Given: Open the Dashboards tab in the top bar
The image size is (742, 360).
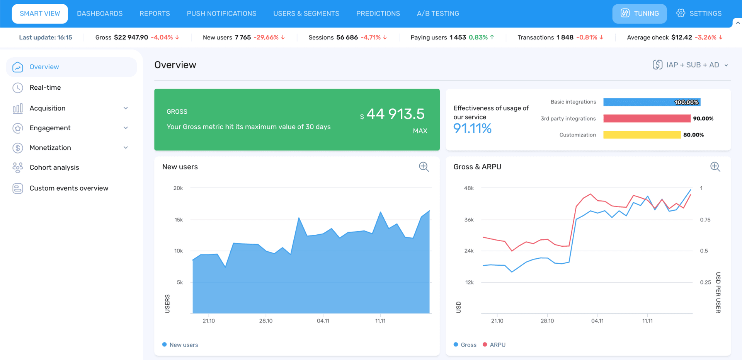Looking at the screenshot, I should tap(100, 14).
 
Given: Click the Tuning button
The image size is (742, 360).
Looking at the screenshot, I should tap(639, 14).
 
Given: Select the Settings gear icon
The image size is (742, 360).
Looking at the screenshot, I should tap(681, 13).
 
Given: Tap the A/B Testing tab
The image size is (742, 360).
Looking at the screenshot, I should tap(438, 14).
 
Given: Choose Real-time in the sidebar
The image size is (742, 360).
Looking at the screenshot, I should tap(45, 87).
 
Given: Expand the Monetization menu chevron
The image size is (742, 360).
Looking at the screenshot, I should tap(126, 148).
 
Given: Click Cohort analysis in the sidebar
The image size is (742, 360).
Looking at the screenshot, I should tap(54, 167).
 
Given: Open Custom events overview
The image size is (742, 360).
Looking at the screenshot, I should tap(69, 188).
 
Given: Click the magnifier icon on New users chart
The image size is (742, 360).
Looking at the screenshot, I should tap(424, 167).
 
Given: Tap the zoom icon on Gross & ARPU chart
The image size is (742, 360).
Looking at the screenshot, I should tap(715, 167).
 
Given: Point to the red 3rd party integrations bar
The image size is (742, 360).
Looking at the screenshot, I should tap(647, 118).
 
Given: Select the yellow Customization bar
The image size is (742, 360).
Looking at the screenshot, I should tap(642, 135).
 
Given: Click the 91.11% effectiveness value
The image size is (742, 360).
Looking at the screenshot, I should tap(472, 128).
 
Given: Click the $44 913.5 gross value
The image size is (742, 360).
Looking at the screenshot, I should tap(395, 114).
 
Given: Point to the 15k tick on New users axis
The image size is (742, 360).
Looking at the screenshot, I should tap(178, 220).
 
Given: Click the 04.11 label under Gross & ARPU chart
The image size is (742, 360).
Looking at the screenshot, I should tap(597, 321).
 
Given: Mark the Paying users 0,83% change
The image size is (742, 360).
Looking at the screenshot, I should tap(478, 38).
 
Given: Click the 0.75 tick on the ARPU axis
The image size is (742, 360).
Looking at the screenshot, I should tap(705, 220).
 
